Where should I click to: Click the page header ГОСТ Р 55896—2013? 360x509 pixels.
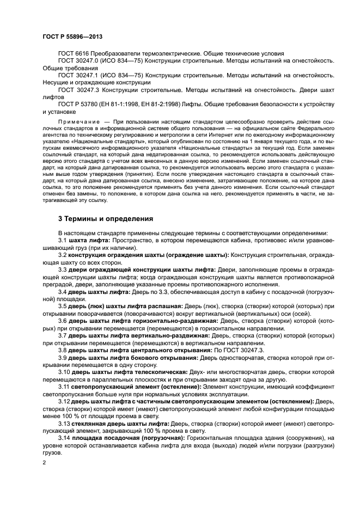[x=71, y=36]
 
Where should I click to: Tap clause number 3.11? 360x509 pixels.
[x=64, y=386]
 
